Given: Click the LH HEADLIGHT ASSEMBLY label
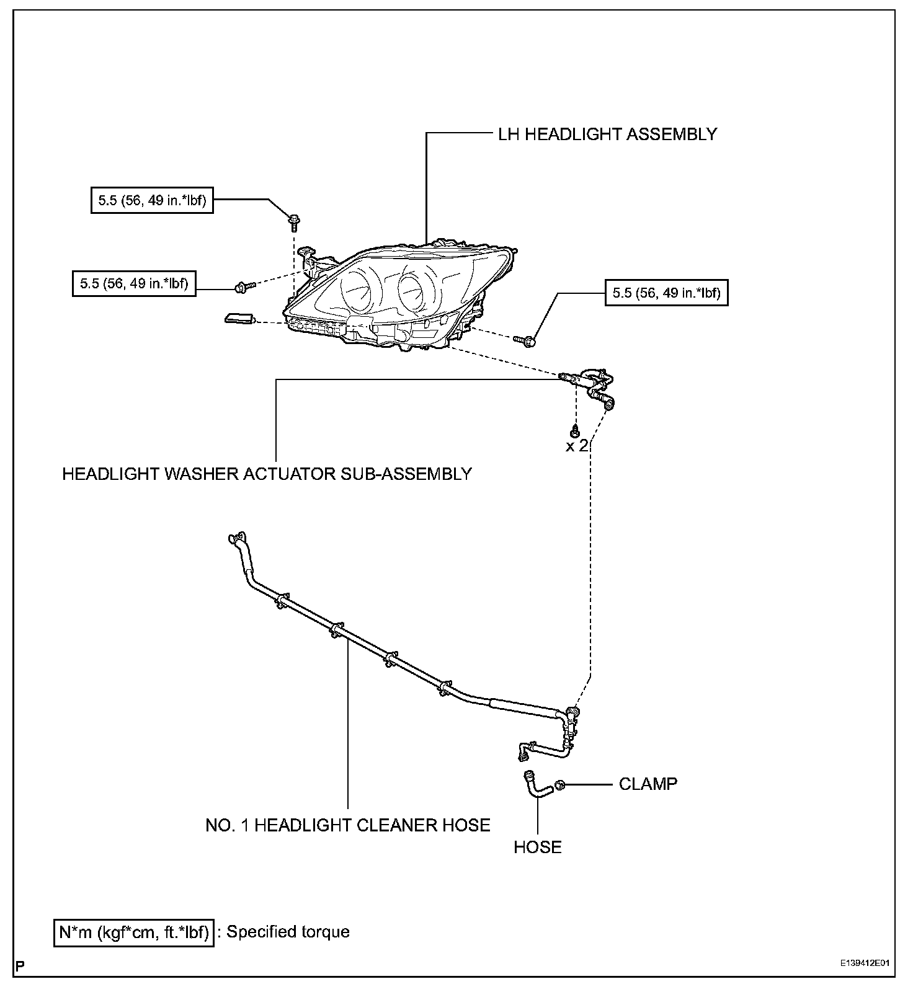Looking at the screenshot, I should (607, 135).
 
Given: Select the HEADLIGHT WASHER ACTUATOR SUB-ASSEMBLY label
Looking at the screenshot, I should (267, 474).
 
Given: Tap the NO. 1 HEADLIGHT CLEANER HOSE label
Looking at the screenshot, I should (348, 825).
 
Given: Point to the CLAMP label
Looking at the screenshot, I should (648, 784).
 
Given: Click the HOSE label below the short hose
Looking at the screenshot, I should (537, 847).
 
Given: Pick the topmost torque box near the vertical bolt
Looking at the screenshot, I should (153, 201).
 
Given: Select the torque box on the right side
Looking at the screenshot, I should (666, 293).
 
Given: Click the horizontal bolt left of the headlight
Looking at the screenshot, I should (244, 286).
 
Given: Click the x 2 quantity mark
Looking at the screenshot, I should (576, 446).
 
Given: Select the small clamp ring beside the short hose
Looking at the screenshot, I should (559, 785).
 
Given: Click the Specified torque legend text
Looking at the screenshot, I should (288, 932).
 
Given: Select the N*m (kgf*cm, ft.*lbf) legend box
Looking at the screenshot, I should (134, 932).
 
